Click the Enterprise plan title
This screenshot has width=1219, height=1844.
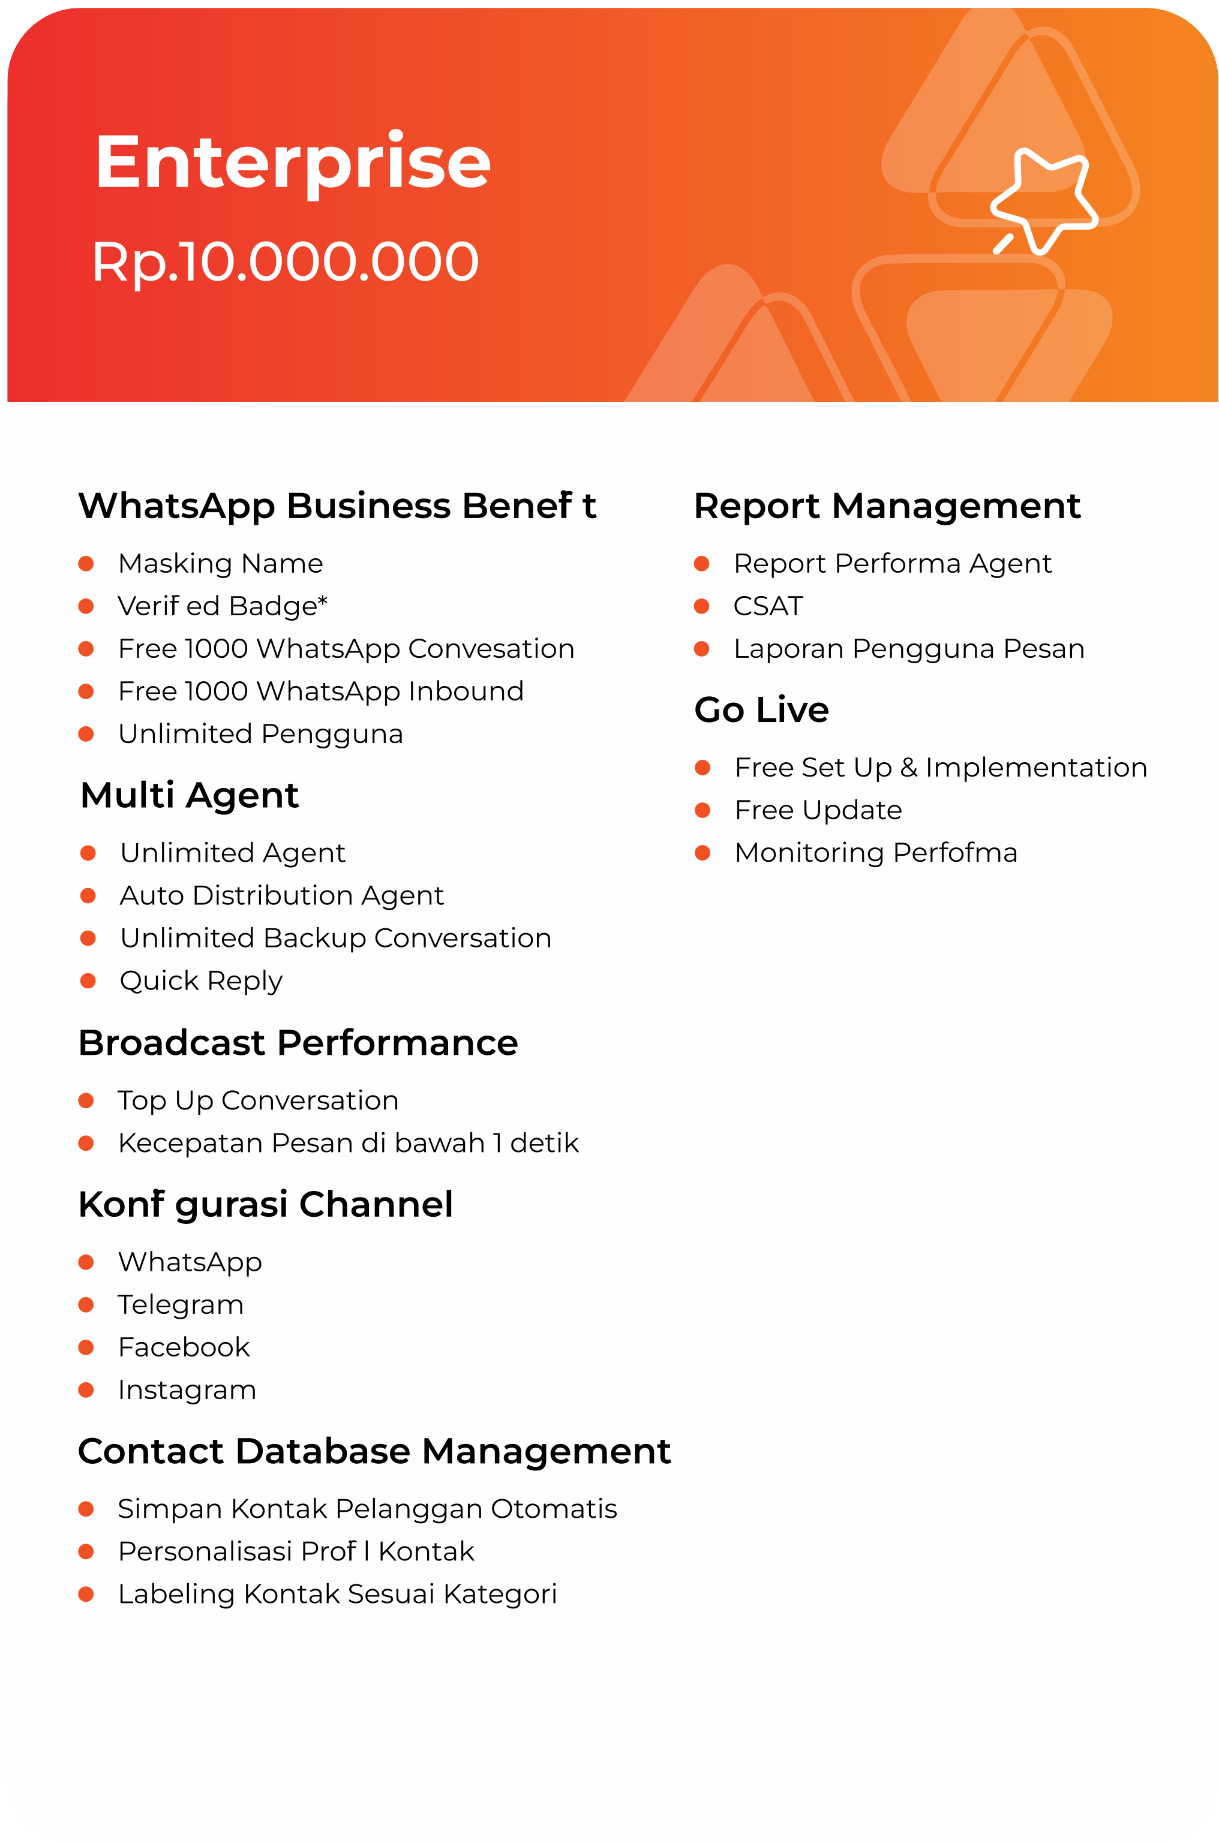tap(293, 163)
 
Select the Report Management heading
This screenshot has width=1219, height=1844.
tap(887, 506)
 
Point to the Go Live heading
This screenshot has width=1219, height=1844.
tap(762, 709)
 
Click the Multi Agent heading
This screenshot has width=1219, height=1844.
tap(190, 795)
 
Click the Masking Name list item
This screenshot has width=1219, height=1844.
tap(221, 563)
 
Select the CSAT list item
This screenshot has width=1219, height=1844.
tap(768, 606)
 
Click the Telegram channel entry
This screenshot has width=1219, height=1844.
tap(181, 1305)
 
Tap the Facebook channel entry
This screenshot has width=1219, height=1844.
tap(184, 1347)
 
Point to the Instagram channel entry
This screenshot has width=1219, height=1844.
tap(187, 1390)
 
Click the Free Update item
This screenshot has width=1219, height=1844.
tap(819, 811)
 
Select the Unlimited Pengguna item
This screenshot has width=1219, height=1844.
tap(260, 735)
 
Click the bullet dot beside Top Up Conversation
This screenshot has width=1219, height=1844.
tap(86, 1100)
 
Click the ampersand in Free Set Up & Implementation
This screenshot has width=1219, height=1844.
tap(909, 768)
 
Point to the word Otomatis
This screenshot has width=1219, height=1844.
tap(554, 1509)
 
